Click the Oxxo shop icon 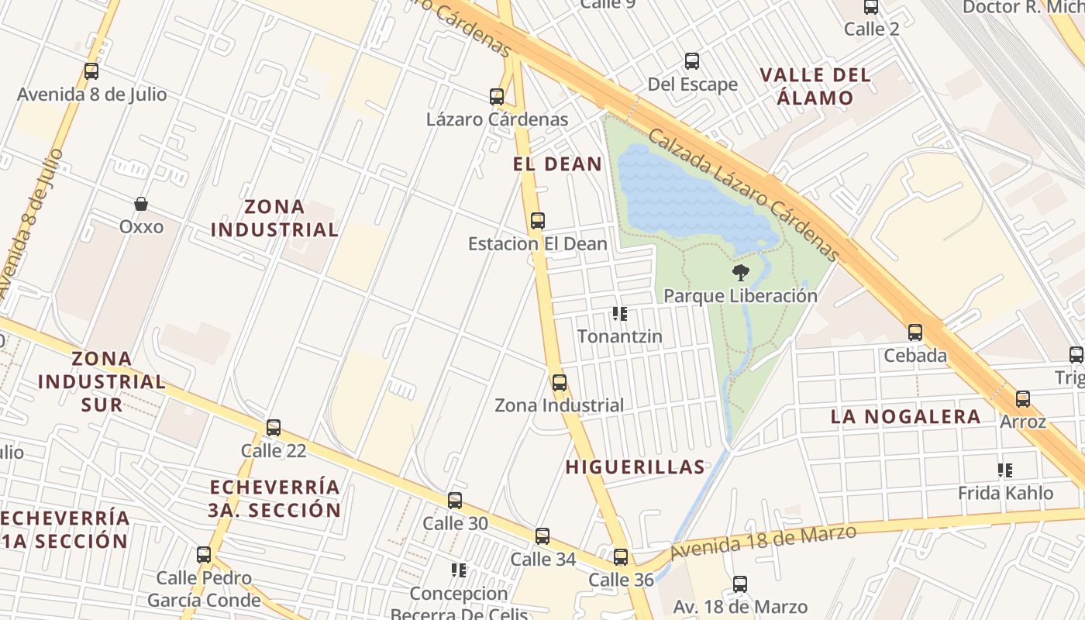tap(141, 205)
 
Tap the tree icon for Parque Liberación tap(741, 273)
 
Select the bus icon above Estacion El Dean tap(538, 221)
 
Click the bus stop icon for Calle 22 tap(274, 428)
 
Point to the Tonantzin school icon tap(619, 314)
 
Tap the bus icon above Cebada tap(915, 332)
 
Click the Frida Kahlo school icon tap(1005, 470)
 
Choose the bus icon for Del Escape tap(692, 61)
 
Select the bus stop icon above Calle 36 tap(621, 557)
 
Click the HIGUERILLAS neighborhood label tap(635, 467)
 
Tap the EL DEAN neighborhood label tap(558, 164)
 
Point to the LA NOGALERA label tap(905, 416)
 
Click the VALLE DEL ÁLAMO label tap(815, 87)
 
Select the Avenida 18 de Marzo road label tap(763, 541)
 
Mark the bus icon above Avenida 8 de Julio tap(91, 71)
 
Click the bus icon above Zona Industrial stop tap(560, 382)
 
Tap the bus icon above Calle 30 tap(455, 501)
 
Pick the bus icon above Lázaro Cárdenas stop tap(497, 97)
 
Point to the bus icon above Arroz tap(1023, 399)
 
